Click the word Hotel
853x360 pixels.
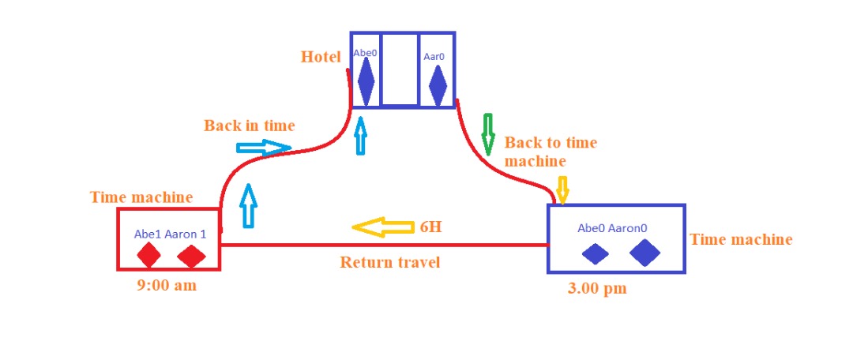point(321,57)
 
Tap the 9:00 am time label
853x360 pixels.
point(167,286)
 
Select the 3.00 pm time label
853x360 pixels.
point(597,288)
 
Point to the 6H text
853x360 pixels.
point(431,227)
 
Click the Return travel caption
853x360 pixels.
point(389,262)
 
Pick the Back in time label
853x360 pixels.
point(249,126)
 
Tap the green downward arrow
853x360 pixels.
point(488,134)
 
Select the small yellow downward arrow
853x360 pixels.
point(562,190)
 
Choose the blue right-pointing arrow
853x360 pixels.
point(264,148)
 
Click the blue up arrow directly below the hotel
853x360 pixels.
point(360,137)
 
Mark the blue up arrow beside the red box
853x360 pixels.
point(248,205)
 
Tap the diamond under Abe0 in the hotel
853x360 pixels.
point(366,81)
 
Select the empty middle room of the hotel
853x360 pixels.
point(400,69)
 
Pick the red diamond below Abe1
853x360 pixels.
point(148,254)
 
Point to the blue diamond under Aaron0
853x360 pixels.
point(644,253)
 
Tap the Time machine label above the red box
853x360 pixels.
point(141,197)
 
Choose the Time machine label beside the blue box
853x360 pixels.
point(741,239)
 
